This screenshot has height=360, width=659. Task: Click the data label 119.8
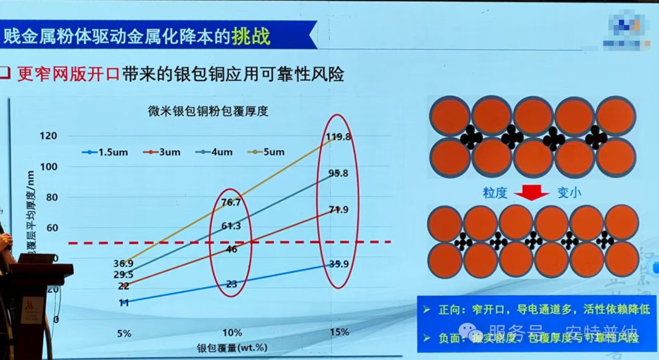click(339, 137)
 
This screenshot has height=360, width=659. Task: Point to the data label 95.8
click(338, 173)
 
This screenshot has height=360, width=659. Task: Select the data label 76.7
click(231, 203)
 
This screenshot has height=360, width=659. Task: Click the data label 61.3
click(231, 226)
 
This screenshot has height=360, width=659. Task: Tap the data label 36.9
click(124, 264)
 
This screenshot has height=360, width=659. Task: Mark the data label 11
click(124, 303)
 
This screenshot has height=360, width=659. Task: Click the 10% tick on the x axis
click(232, 333)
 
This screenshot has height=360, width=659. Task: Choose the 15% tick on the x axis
click(339, 333)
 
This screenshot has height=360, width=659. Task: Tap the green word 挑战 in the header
click(250, 35)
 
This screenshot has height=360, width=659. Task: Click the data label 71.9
click(338, 211)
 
